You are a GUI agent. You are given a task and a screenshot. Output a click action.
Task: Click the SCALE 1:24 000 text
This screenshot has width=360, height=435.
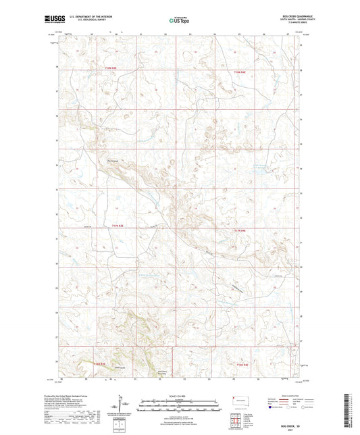(x=180, y=395)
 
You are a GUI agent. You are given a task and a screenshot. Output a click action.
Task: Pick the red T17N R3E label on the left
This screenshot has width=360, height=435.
(x=118, y=226)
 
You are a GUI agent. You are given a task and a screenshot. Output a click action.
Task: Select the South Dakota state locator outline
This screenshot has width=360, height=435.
(x=240, y=401)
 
